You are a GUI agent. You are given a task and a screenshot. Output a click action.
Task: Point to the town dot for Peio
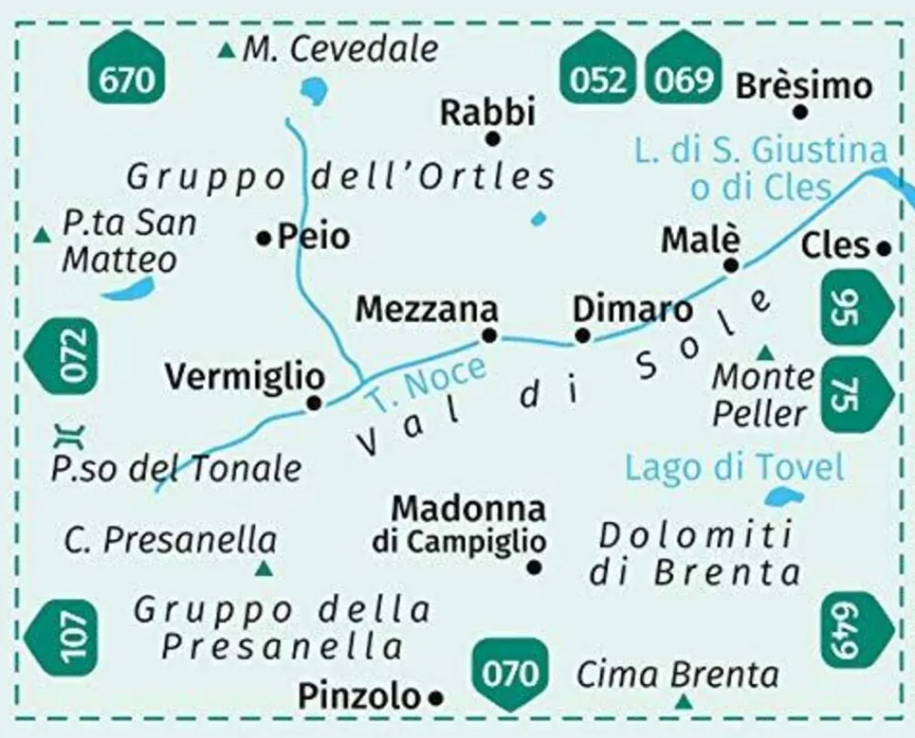[x=264, y=239]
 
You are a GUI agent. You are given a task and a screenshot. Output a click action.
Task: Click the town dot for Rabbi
[x=493, y=139]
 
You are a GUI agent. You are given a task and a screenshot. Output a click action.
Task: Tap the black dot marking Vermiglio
[x=315, y=402]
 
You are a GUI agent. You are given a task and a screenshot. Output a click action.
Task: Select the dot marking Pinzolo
[x=436, y=699]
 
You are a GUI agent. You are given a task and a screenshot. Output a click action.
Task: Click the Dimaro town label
[x=632, y=309]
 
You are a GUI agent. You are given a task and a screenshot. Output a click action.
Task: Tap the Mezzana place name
[x=427, y=309]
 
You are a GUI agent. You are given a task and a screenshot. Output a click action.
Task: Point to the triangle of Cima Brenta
[x=683, y=702]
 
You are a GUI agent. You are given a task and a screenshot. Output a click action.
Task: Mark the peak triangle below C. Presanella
[x=264, y=570]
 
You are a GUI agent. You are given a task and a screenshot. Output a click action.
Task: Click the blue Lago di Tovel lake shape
[x=783, y=497]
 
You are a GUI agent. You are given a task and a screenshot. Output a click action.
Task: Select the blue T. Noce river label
[x=425, y=382]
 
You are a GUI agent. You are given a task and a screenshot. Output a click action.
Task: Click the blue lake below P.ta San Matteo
[x=127, y=290]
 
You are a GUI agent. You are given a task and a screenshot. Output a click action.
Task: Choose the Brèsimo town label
[x=803, y=86]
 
